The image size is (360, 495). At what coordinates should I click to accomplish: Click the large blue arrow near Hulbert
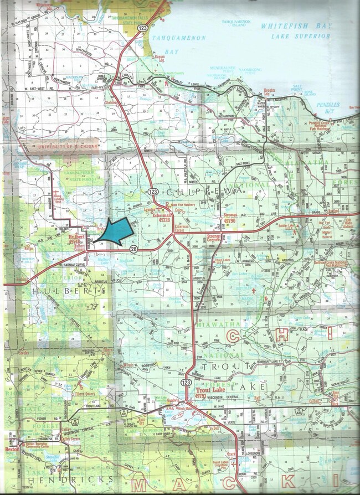point(114,233)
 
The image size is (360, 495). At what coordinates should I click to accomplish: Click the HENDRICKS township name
point(74,479)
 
